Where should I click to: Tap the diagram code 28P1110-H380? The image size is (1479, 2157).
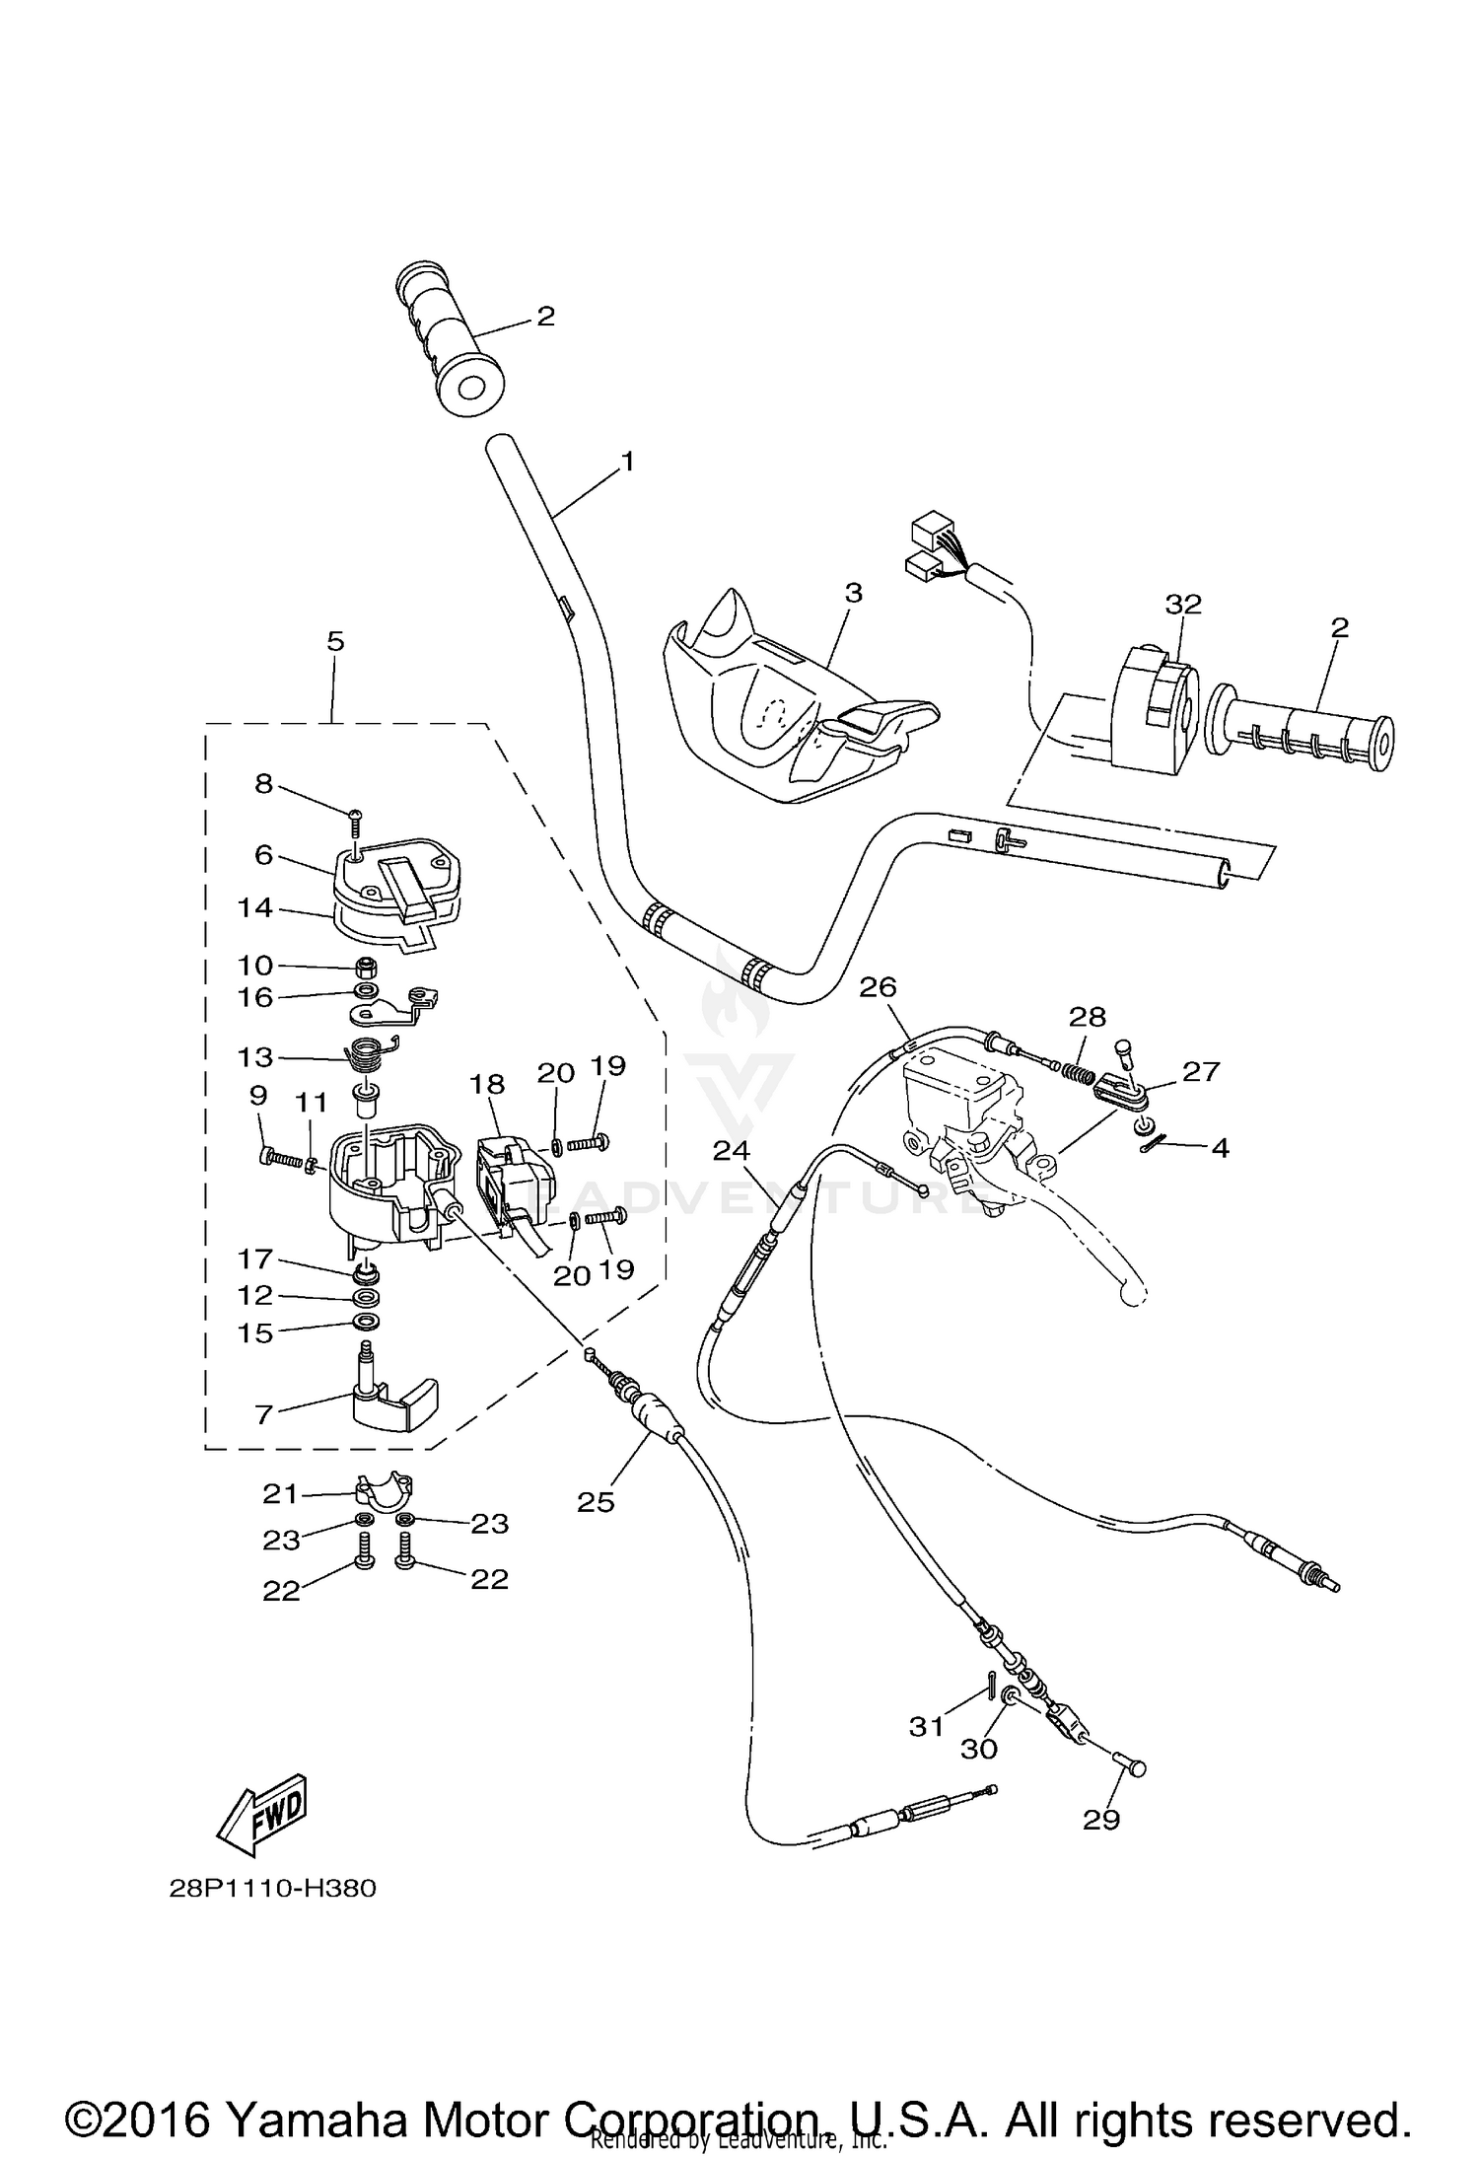coord(272,1889)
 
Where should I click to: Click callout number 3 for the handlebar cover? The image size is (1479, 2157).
coord(853,593)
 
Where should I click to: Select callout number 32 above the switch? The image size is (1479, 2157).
coord(1183,604)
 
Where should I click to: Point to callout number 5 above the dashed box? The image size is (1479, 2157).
coord(335,641)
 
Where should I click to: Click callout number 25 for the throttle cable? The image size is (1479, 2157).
coord(596,1501)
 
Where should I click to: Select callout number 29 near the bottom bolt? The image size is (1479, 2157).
coord(1101,1820)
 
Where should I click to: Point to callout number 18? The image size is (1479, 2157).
coord(487,1084)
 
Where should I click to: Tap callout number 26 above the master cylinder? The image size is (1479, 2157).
coord(878,986)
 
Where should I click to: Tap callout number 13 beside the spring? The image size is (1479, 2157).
coord(254,1056)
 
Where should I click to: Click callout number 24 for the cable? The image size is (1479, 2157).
coord(732,1149)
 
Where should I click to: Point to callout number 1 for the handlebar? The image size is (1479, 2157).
coord(627,461)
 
